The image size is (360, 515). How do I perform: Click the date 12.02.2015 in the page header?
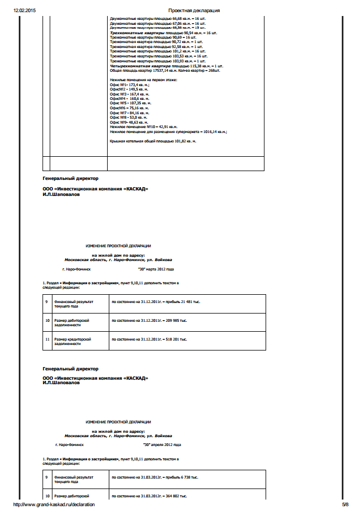[24, 10]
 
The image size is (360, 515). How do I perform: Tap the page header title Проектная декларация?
[194, 10]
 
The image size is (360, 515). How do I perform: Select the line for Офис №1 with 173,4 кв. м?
[126, 85]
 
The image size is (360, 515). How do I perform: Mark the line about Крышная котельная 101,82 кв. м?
[153, 141]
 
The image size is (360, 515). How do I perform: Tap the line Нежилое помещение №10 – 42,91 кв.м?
[143, 127]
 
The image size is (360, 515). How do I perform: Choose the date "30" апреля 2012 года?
[162, 444]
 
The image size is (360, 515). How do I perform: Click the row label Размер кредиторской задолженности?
[72, 341]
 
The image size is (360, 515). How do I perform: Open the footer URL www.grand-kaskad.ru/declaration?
[54, 505]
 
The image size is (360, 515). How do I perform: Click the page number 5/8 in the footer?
[345, 505]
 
